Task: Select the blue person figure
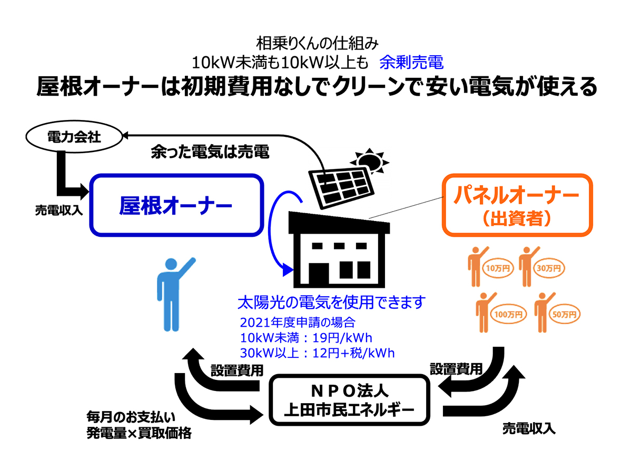(x=175, y=294)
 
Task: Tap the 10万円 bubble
(x=498, y=268)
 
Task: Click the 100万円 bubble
(x=508, y=314)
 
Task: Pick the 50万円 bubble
(x=565, y=314)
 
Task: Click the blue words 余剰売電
(x=411, y=62)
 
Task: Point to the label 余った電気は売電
(x=210, y=152)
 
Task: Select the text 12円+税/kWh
(x=353, y=353)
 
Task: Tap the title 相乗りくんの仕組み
(x=317, y=44)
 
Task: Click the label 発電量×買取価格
(x=139, y=433)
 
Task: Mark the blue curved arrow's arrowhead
(x=288, y=270)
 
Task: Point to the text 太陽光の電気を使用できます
(x=331, y=302)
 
